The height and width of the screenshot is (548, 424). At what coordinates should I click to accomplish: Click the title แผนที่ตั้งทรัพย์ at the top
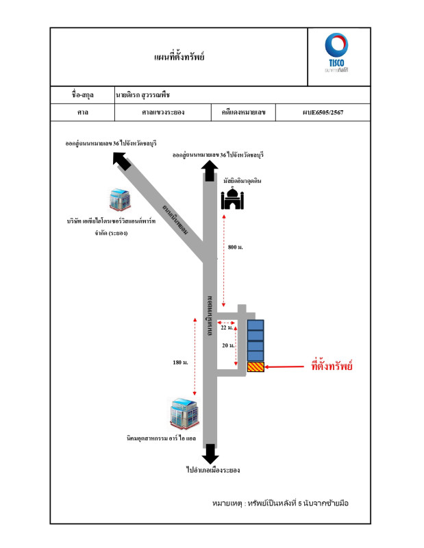tap(180, 57)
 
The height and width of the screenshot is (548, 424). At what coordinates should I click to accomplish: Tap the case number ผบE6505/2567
tap(323, 112)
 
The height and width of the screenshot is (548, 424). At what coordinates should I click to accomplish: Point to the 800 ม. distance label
tap(235, 246)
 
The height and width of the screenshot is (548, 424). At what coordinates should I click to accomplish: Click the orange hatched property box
tap(255, 368)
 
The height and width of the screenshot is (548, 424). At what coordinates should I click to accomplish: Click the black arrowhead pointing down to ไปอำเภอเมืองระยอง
tap(211, 453)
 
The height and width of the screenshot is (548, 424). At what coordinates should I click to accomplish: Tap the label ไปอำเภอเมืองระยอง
tap(212, 471)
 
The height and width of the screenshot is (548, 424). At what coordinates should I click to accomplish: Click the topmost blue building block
tap(255, 325)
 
